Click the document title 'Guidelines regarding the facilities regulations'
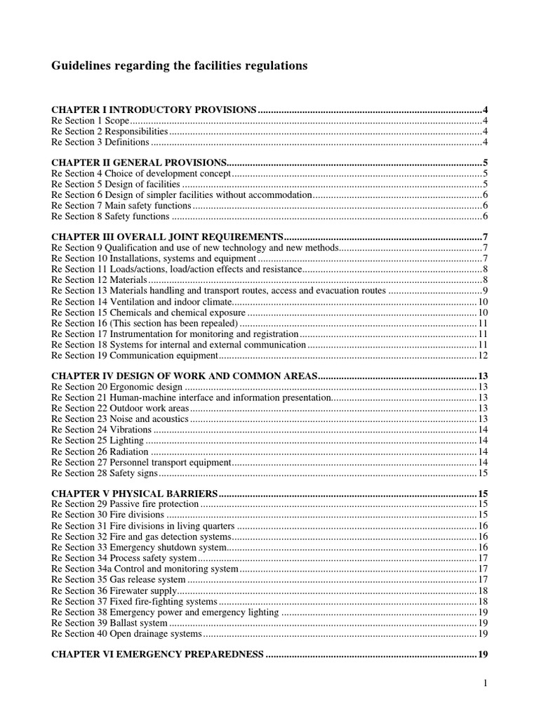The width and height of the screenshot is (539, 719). [180, 66]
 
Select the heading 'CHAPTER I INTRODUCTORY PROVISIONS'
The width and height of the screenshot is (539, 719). [154, 110]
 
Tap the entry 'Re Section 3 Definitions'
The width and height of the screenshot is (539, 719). [100, 142]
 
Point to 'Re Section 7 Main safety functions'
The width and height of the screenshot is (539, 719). [121, 206]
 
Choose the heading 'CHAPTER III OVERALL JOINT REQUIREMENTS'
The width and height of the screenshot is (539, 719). [168, 237]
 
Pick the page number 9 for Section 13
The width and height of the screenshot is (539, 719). [485, 291]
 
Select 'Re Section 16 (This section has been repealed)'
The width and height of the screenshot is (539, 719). [145, 323]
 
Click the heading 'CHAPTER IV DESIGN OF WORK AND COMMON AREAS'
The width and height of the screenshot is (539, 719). [185, 376]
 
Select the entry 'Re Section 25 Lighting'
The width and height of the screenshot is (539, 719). [98, 440]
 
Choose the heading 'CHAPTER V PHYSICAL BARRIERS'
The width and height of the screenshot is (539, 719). [135, 493]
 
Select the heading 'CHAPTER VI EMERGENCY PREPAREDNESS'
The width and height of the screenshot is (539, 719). [158, 654]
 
